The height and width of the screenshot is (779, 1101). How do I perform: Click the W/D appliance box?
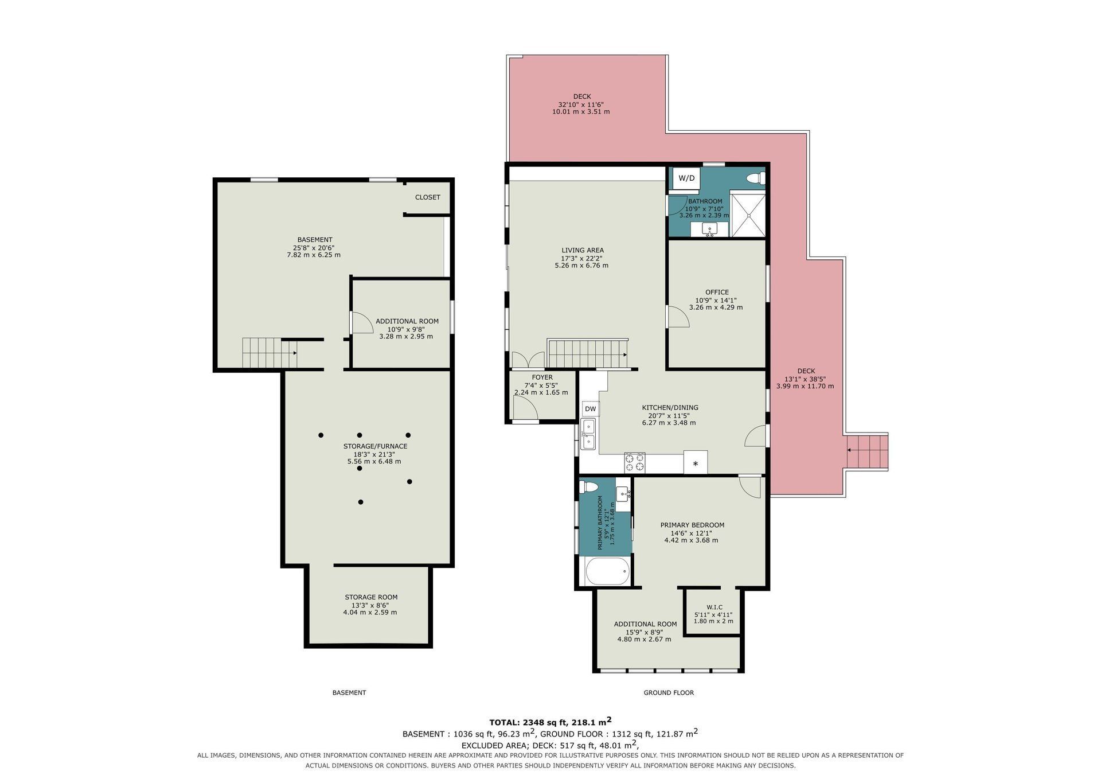(x=686, y=178)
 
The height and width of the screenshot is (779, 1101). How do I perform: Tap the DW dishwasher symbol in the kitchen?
(x=590, y=409)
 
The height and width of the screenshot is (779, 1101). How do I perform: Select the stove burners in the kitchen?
(x=634, y=462)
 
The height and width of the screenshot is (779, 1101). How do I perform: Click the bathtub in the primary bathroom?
(x=607, y=571)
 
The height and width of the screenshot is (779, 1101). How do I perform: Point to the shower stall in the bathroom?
(x=747, y=215)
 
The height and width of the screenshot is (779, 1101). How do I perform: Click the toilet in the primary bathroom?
(x=589, y=487)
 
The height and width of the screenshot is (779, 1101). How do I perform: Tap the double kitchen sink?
(x=588, y=434)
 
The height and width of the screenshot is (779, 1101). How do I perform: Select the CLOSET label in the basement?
(x=428, y=197)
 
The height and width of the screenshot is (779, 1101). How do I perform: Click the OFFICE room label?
(x=717, y=292)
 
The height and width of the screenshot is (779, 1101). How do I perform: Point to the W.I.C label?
(x=715, y=607)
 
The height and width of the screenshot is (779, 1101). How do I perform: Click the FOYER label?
(x=542, y=377)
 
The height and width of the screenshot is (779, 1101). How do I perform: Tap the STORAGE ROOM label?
(x=371, y=597)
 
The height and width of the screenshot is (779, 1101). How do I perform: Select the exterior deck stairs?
(x=867, y=452)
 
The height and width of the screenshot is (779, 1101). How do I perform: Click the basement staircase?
(x=270, y=353)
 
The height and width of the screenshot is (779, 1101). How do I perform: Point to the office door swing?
(x=677, y=316)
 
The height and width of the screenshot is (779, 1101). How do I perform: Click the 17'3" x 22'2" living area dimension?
(x=581, y=258)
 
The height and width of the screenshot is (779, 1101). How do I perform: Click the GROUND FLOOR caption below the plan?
(x=669, y=693)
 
